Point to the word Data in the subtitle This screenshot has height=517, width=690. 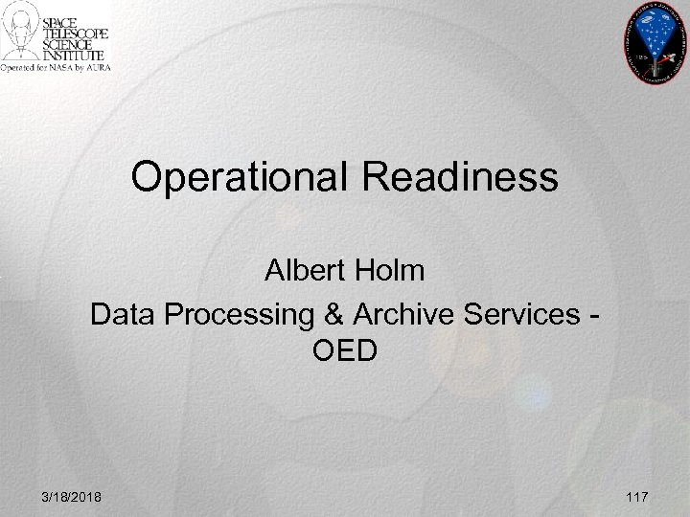pos(119,313)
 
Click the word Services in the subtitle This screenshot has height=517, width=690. pos(517,313)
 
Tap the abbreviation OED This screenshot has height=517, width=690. pos(345,352)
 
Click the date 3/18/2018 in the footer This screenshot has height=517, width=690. pos(74,497)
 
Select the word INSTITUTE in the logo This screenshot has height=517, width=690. pos(80,56)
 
